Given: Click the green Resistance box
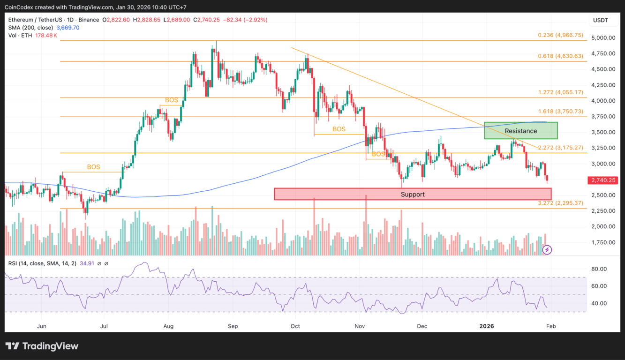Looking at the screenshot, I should coord(520,131).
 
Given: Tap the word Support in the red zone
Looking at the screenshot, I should coord(413,194).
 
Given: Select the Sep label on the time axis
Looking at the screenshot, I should coord(233,326).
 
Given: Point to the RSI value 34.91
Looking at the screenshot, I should coord(87,263).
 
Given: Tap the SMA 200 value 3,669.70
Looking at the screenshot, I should coord(68,28).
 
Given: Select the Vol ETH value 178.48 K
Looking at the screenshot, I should coord(46,36).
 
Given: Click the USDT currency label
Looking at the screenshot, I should coord(600,20).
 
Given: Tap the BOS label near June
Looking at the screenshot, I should coord(93,167).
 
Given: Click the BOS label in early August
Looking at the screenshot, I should coord(172,100).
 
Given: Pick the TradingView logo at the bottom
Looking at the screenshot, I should coord(42,346).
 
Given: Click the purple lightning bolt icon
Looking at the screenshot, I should coord(547,250).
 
